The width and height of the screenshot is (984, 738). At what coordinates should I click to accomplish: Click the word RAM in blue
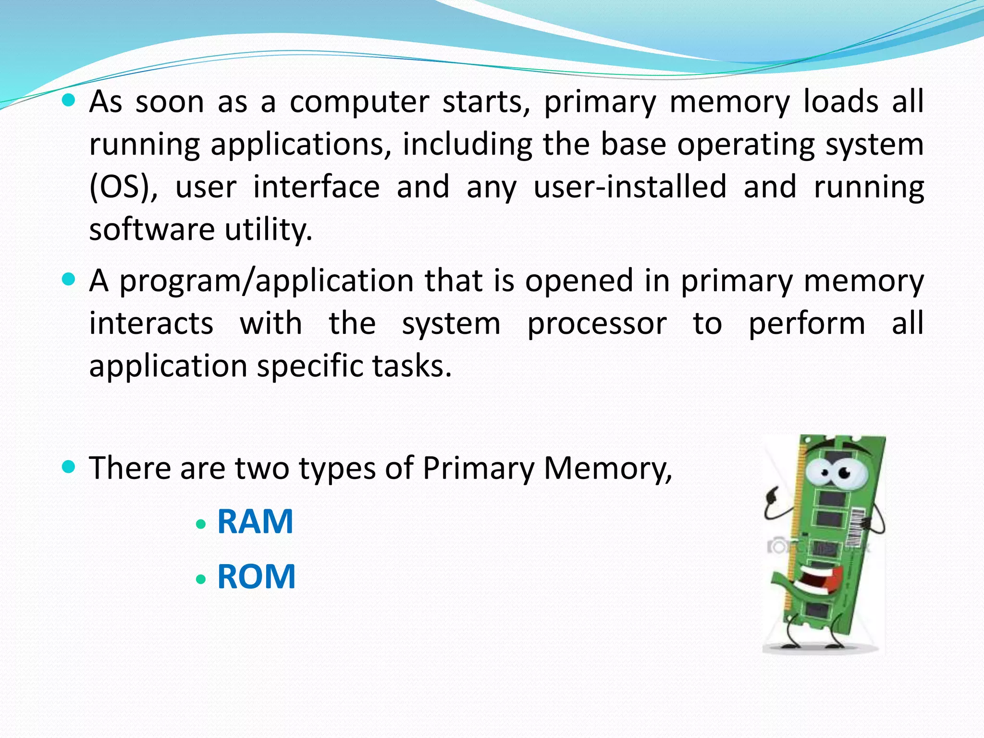255,522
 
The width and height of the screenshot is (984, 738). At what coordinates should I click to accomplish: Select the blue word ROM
256,577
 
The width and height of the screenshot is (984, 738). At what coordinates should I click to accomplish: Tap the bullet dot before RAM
201,524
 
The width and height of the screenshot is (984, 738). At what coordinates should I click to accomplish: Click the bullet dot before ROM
201,579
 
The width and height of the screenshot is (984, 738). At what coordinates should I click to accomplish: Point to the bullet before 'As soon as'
69,100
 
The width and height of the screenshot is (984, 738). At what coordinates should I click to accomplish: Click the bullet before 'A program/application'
69,279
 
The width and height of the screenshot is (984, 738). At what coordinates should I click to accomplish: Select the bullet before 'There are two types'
69,466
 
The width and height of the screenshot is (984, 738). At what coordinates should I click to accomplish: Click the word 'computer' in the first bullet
359,102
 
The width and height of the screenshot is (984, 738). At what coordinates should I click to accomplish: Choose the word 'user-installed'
630,187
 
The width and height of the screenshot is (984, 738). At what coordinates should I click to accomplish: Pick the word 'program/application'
266,282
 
